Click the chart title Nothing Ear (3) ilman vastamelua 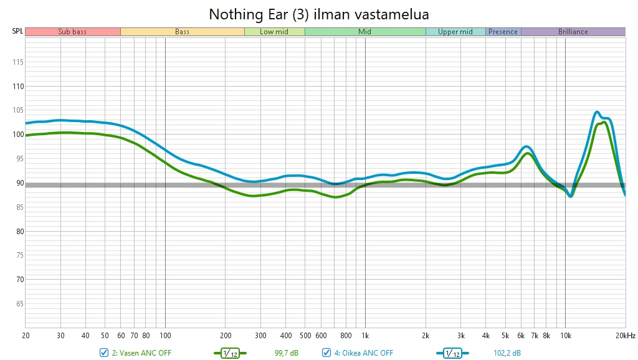(318, 14)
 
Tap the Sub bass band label (72, 32)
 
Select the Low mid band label (274, 32)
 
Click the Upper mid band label (455, 32)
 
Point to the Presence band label (503, 32)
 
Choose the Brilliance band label (573, 32)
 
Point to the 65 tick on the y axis (17, 304)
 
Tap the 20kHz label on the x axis (625, 335)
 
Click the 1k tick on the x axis (365, 335)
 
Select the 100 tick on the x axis (165, 335)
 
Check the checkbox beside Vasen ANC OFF (104, 353)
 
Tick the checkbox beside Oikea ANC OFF (326, 353)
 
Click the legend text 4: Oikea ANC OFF (364, 353)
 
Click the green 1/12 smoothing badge (231, 353)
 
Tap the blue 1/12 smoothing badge (452, 353)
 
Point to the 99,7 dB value (287, 353)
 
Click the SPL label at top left (17, 32)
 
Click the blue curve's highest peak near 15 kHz (597, 112)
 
